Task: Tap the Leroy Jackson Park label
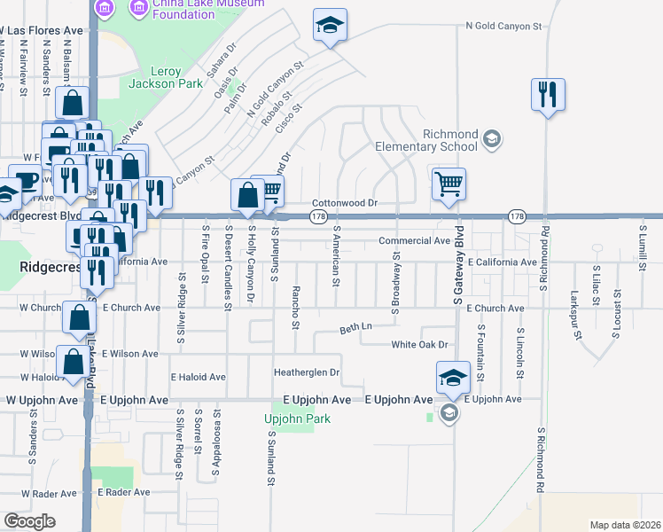click(154, 77)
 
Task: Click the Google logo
click(29, 520)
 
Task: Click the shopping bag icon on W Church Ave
click(79, 317)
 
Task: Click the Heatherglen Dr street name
click(308, 372)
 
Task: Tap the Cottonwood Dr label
click(345, 203)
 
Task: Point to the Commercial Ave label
click(414, 240)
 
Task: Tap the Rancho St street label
click(295, 307)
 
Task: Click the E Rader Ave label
click(124, 491)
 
